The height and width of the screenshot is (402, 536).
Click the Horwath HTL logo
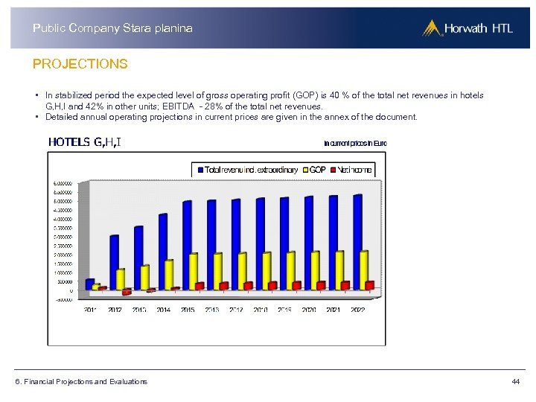coord(467,28)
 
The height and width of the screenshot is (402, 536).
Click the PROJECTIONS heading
coord(80,64)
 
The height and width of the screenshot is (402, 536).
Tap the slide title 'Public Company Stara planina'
coord(112,28)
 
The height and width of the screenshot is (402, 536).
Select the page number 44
coord(515,382)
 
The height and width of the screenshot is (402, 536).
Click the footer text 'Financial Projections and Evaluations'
coord(81,382)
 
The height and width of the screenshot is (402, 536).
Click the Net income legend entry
coord(354,170)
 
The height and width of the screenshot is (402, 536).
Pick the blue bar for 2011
coord(90,284)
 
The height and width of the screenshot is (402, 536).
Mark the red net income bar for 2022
coord(370,284)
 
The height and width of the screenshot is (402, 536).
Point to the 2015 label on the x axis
coord(188,310)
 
